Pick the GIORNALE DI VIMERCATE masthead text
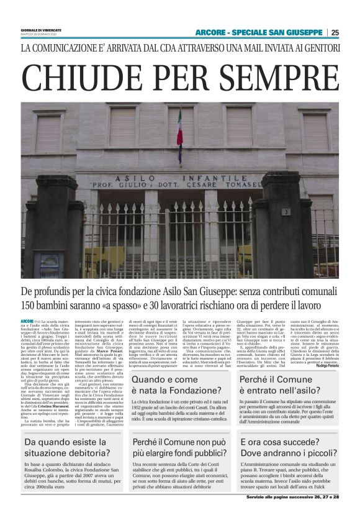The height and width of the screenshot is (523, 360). point(39,29)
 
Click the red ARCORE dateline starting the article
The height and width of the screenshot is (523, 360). point(27,320)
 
